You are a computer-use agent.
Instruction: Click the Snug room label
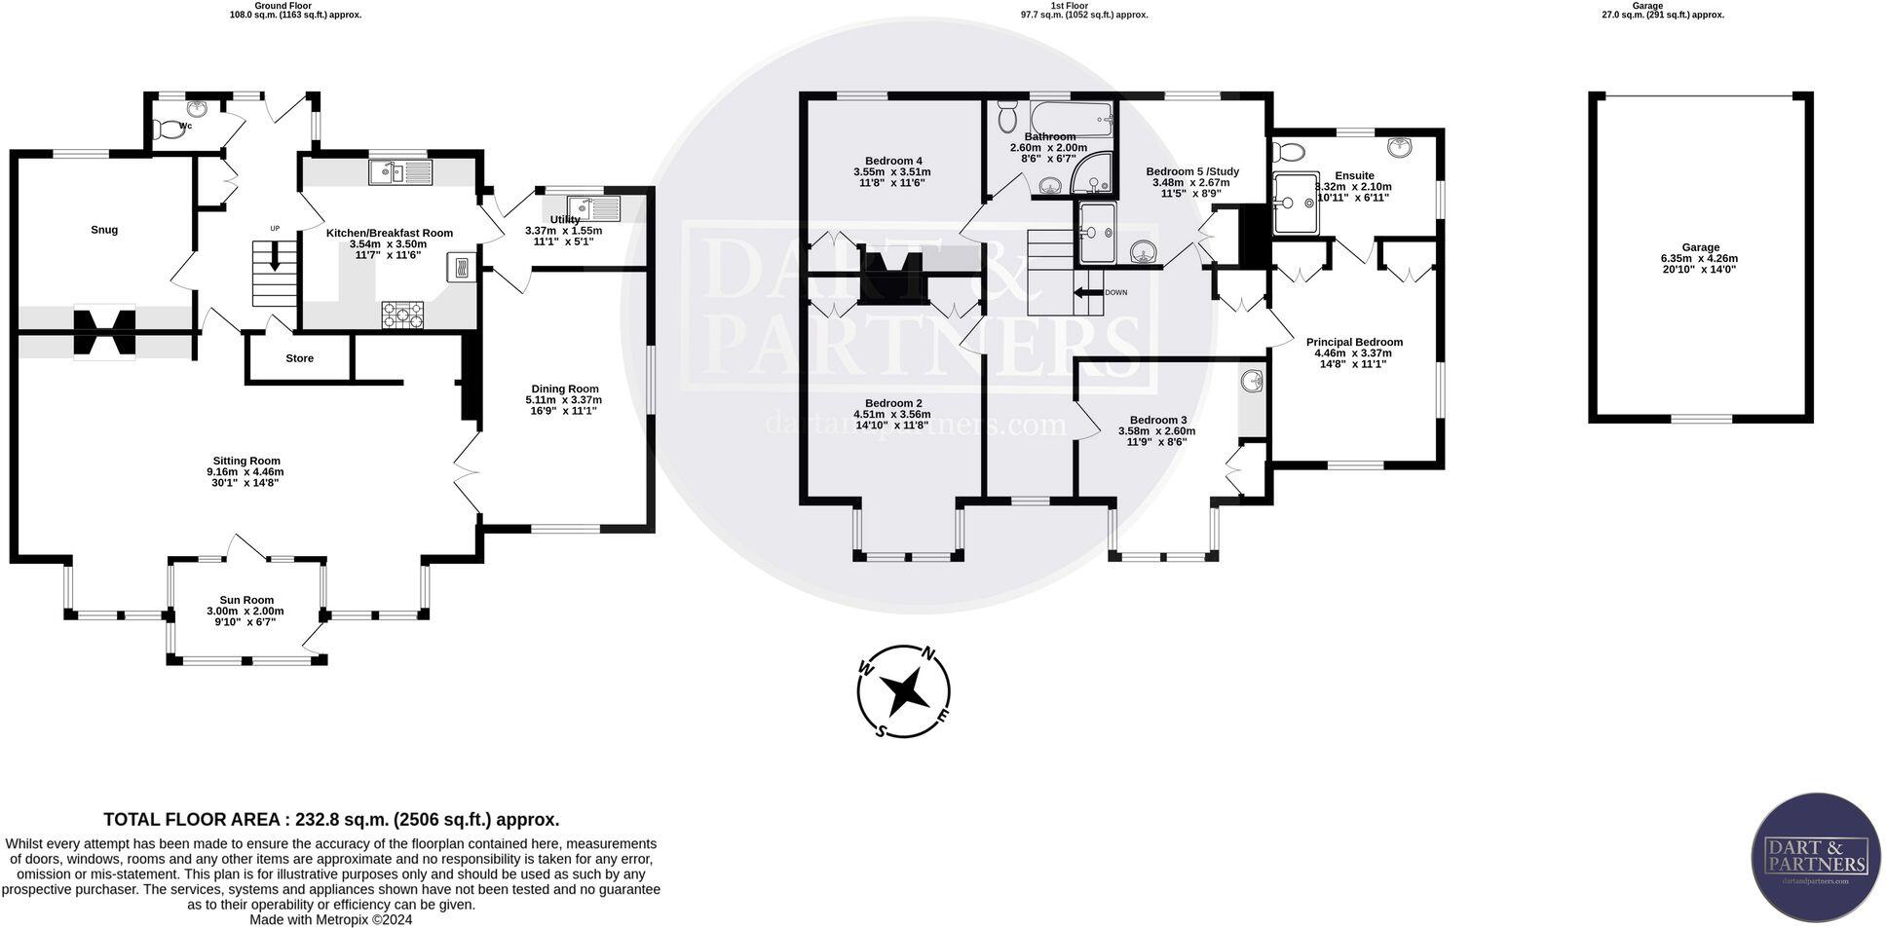(x=104, y=230)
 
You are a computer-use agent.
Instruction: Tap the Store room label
(x=299, y=358)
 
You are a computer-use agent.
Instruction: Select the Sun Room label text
(x=246, y=600)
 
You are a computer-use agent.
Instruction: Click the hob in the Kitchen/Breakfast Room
(x=403, y=315)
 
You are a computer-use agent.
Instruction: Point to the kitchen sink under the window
(x=399, y=173)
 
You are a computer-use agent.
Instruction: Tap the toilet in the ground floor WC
(x=170, y=129)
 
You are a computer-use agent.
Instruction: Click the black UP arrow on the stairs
(x=274, y=258)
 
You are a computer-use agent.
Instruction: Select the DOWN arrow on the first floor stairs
(x=1087, y=292)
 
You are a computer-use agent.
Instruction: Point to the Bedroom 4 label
(x=893, y=161)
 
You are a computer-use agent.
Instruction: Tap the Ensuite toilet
(x=1290, y=153)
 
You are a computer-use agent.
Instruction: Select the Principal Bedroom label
(x=1353, y=342)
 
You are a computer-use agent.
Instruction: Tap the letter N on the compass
(x=929, y=653)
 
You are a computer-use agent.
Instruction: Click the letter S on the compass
(x=881, y=730)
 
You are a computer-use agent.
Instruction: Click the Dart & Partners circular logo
(x=1816, y=858)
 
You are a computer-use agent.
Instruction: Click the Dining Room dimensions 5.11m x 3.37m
(x=563, y=399)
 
